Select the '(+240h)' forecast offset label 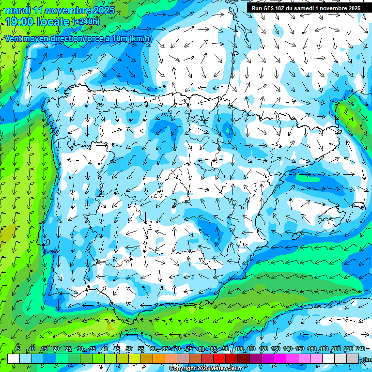click(x=86, y=22)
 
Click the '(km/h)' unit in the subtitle click(x=141, y=39)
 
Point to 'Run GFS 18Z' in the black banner click(x=268, y=8)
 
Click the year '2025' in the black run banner click(x=352, y=8)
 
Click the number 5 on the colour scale click(x=18, y=349)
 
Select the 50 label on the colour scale click(x=129, y=349)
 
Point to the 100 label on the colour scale click(x=239, y=349)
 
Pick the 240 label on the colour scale click(x=360, y=349)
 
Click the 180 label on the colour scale click(x=324, y=349)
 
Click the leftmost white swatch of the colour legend click(x=14, y=359)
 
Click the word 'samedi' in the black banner click(x=304, y=8)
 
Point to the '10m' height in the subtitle click(x=118, y=39)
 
